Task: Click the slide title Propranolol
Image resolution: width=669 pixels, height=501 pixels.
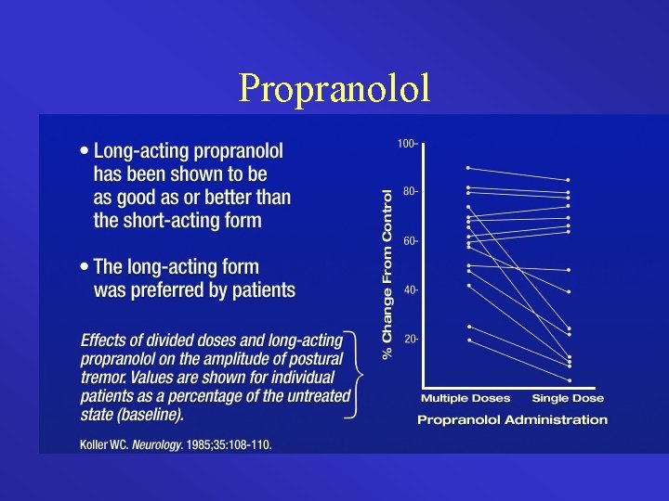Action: pos(334,87)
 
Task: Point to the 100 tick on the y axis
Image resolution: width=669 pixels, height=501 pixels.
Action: pos(407,144)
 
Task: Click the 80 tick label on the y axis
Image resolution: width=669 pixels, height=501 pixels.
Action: pos(410,192)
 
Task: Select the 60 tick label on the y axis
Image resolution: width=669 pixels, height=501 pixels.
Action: pos(410,241)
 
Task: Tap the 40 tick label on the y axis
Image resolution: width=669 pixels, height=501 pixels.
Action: pos(410,290)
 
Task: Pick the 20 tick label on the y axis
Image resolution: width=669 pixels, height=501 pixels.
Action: pos(410,340)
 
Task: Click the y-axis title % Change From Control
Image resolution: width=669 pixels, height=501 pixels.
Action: pos(387,270)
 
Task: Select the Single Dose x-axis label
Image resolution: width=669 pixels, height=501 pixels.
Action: pos(568,399)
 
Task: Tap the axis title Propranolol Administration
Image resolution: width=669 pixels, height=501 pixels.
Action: pos(512,420)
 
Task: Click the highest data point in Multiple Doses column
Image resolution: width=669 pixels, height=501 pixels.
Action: pos(469,168)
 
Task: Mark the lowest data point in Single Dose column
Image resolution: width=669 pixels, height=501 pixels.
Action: pos(569,379)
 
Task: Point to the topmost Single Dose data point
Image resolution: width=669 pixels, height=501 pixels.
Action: pos(569,180)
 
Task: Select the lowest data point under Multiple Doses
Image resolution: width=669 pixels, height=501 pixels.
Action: pos(469,340)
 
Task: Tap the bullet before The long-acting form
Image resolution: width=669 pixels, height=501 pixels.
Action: pos(85,267)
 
